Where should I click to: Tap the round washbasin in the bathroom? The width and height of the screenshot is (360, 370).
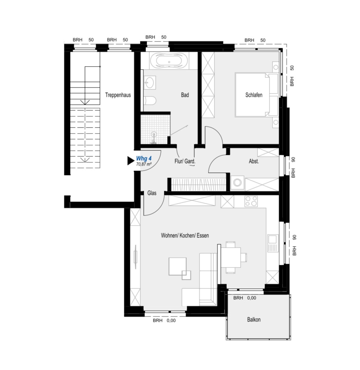[150, 82]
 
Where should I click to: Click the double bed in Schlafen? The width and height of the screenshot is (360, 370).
[256, 95]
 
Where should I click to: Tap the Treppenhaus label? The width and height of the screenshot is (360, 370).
[118, 95]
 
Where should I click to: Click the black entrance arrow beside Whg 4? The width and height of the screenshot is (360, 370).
[130, 161]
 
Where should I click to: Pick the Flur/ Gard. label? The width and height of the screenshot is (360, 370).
[185, 162]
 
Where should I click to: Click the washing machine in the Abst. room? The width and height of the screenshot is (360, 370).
[237, 183]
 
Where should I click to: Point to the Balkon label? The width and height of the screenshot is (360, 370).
[254, 319]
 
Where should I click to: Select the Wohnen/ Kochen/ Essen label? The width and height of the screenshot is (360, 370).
[185, 236]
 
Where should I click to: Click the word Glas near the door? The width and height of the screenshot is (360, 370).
[152, 193]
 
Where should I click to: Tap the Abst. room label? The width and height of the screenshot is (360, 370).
[254, 162]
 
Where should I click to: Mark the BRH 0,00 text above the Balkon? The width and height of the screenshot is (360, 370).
[245, 298]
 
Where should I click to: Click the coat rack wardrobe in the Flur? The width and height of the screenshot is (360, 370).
[198, 184]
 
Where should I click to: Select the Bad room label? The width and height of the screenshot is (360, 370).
[185, 95]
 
